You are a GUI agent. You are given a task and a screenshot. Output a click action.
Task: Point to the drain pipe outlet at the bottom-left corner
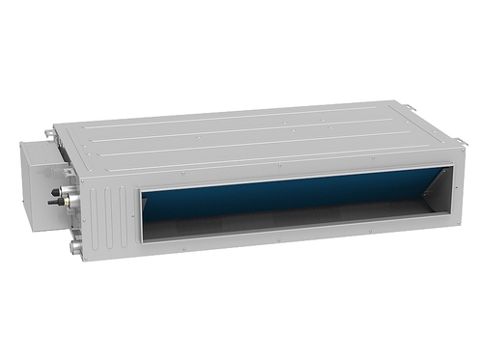(x=74, y=248)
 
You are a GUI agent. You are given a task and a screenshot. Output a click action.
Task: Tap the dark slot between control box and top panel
(x=60, y=153)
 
